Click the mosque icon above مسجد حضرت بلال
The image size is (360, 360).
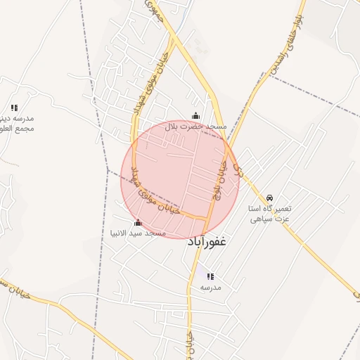coord(195,116)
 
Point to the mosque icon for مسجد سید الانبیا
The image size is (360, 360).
coord(137,223)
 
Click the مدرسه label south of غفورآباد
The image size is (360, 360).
coord(211,288)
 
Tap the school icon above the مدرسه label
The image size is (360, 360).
coord(211,276)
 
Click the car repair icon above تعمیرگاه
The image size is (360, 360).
coord(271,198)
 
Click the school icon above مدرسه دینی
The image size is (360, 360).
coord(14,108)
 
